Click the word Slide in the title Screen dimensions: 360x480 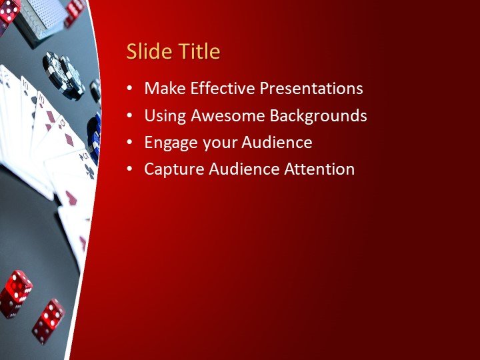click(x=147, y=51)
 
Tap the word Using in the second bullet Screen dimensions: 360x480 click(x=165, y=115)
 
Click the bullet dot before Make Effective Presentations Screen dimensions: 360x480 click(x=129, y=89)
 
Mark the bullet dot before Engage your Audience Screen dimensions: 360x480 click(x=129, y=143)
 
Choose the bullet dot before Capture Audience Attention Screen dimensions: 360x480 click(x=129, y=169)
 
